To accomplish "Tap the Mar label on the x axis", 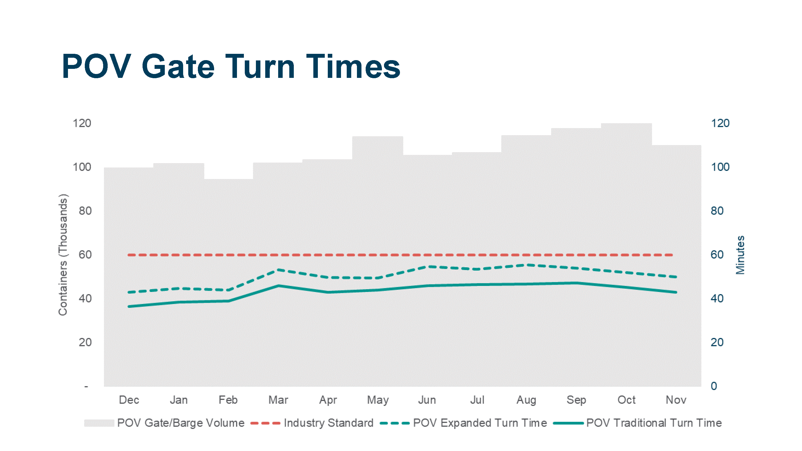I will pos(278,400).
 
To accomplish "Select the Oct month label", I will pos(626,400).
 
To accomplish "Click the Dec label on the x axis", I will pos(129,400).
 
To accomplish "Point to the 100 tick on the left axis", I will pos(82,167).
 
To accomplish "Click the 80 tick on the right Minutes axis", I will pos(717,211).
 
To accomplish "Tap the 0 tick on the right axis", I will pos(714,386).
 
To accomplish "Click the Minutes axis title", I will pos(740,255).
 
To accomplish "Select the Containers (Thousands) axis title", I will pos(63,255).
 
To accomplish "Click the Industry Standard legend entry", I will pos(328,423).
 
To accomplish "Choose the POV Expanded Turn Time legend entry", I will pos(479,423).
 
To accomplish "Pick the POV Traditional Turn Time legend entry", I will pos(653,423).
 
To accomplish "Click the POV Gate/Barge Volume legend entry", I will pos(180,423).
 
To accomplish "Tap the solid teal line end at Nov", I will pos(676,292).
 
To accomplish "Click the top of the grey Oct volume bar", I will pos(626,124).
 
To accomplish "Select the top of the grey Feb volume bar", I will pos(228,179).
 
